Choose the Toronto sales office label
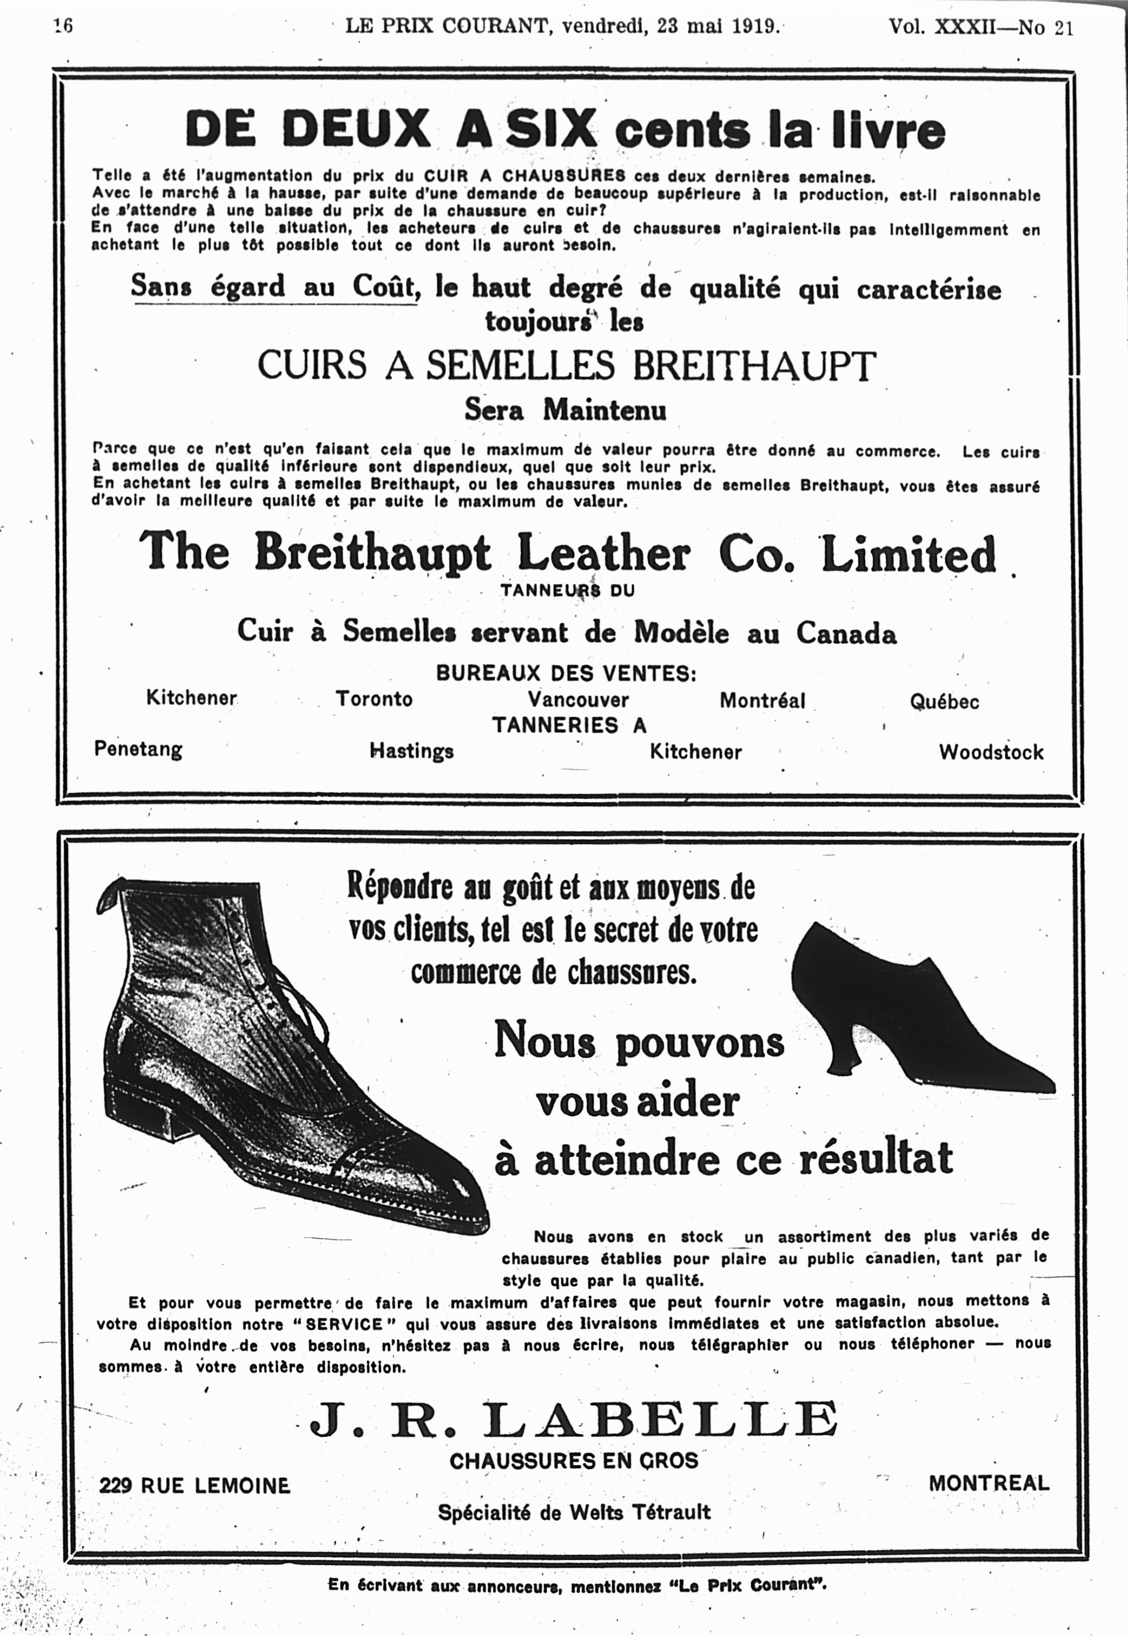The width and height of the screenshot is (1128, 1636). coord(374,699)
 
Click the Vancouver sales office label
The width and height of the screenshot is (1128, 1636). coord(578,700)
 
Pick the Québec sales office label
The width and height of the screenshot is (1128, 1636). coord(944,701)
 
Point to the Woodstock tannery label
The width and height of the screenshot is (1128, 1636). coord(991,752)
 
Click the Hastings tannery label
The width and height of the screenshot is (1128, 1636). coord(412,751)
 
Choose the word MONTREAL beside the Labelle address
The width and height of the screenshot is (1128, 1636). coord(989,1483)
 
